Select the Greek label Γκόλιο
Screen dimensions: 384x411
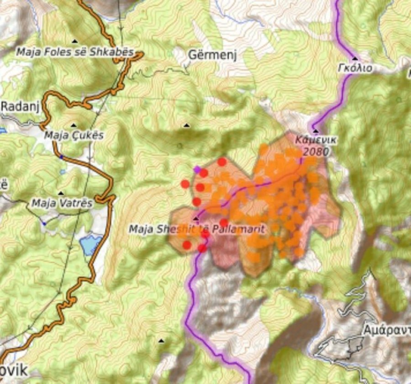pyautogui.click(x=355, y=68)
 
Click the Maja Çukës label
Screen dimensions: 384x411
pyautogui.click(x=74, y=135)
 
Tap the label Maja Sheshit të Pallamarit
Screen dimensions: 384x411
pyautogui.click(x=197, y=229)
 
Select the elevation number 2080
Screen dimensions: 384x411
pyautogui.click(x=316, y=151)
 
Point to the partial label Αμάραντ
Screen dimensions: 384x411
pyautogui.click(x=386, y=329)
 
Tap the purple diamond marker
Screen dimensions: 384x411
pyautogui.click(x=197, y=169)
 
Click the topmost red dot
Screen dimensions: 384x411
pyautogui.click(x=222, y=162)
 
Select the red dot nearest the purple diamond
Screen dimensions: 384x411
pyautogui.click(x=204, y=173)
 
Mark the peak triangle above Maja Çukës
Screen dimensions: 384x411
pyautogui.click(x=74, y=125)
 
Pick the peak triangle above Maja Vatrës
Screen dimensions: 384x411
pyautogui.click(x=61, y=193)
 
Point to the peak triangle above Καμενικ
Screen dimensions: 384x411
pyautogui.click(x=316, y=131)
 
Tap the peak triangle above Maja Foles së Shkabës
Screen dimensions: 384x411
pyautogui.click(x=74, y=42)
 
